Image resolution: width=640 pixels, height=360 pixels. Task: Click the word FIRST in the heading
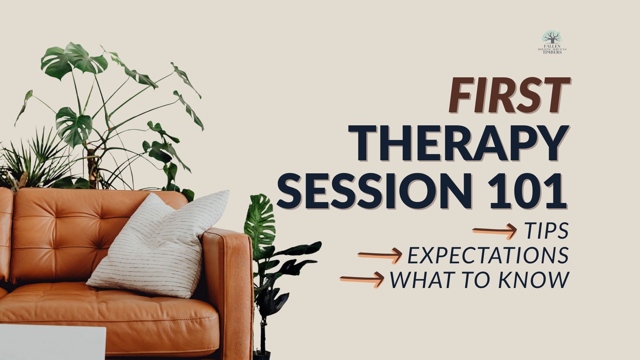click(x=509, y=96)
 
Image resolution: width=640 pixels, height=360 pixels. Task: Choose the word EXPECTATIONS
click(x=488, y=256)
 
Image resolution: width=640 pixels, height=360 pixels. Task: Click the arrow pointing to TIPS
click(x=495, y=231)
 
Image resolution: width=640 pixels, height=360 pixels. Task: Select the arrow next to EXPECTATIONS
click(x=380, y=256)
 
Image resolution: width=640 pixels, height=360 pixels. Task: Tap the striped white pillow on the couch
click(x=160, y=247)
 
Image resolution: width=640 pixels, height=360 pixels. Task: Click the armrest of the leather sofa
click(x=227, y=240)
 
